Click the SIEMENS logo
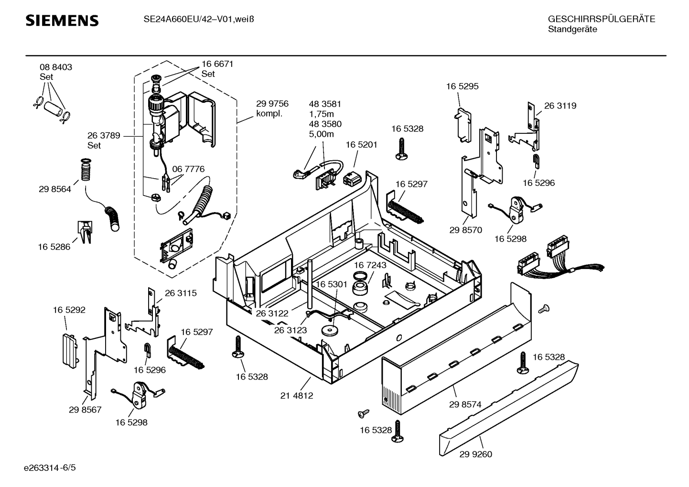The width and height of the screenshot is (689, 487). point(62,21)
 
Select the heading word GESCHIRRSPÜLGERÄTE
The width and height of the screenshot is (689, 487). point(601,20)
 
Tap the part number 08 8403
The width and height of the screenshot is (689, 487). point(56,67)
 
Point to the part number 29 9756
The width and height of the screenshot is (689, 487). point(272,104)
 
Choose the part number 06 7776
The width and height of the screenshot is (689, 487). point(188,169)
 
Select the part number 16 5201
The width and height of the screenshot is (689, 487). point(362,145)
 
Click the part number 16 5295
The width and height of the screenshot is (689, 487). point(462,87)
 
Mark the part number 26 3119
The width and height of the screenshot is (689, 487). point(560,106)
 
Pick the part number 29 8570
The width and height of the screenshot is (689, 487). point(465,230)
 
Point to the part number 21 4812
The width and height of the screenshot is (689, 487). point(297,396)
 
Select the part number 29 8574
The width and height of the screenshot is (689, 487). point(465,404)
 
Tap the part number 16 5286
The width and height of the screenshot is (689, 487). point(54,247)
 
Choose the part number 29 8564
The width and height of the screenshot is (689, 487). point(55,189)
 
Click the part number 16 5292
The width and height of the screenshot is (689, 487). point(69,310)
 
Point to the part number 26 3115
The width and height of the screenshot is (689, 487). point(181,293)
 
